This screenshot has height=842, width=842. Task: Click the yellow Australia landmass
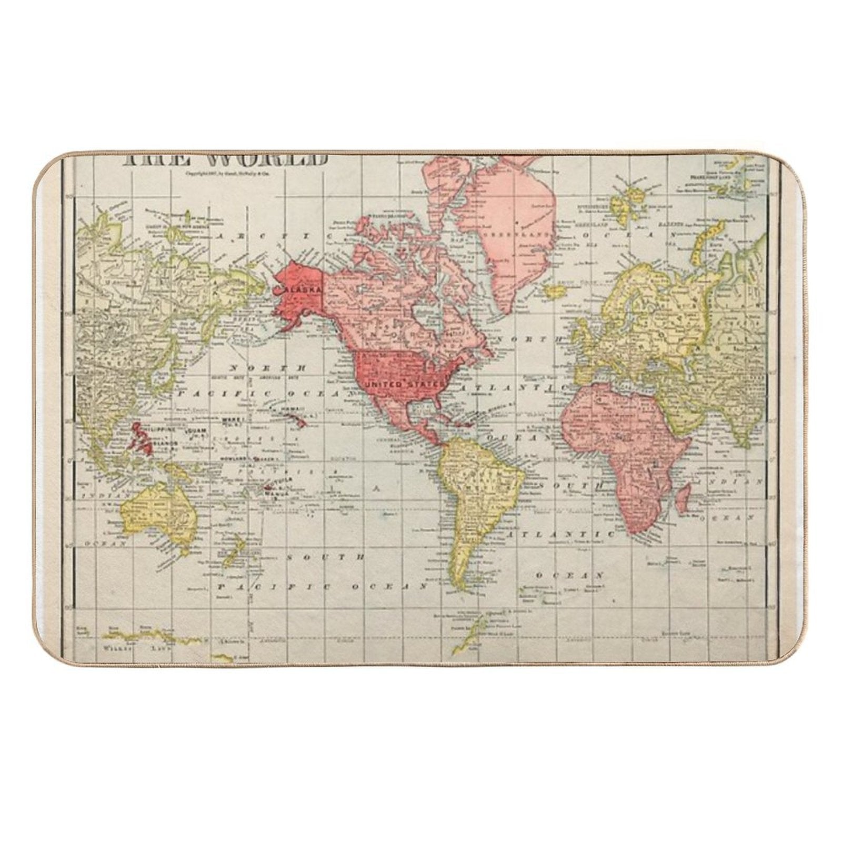point(158,508)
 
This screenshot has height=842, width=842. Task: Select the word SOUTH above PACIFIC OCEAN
point(325,556)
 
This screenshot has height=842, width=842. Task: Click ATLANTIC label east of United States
point(508,387)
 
